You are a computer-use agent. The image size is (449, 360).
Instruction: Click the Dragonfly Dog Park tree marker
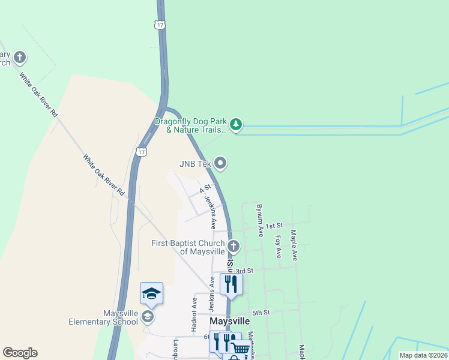point(237,124)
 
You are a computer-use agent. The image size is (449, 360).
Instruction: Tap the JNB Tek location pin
point(221,163)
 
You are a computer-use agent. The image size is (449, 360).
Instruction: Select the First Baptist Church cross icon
point(234,246)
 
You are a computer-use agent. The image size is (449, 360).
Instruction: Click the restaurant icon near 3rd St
point(231,284)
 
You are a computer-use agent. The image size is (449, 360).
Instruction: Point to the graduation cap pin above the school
point(151,293)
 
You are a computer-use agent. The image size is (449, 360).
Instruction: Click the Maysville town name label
point(229,322)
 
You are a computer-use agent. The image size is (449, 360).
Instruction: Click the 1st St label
point(275,226)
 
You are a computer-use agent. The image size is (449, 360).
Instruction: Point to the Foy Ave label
point(279,246)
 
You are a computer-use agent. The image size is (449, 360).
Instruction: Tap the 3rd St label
point(244,271)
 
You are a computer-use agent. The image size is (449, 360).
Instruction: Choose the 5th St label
point(261,313)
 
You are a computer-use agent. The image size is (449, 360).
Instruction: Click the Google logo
point(20,353)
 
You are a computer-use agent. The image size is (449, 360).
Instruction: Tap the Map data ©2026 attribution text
point(423,355)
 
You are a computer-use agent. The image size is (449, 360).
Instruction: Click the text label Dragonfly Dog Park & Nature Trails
point(190,125)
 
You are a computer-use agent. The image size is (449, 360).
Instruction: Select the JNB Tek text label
point(195,163)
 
